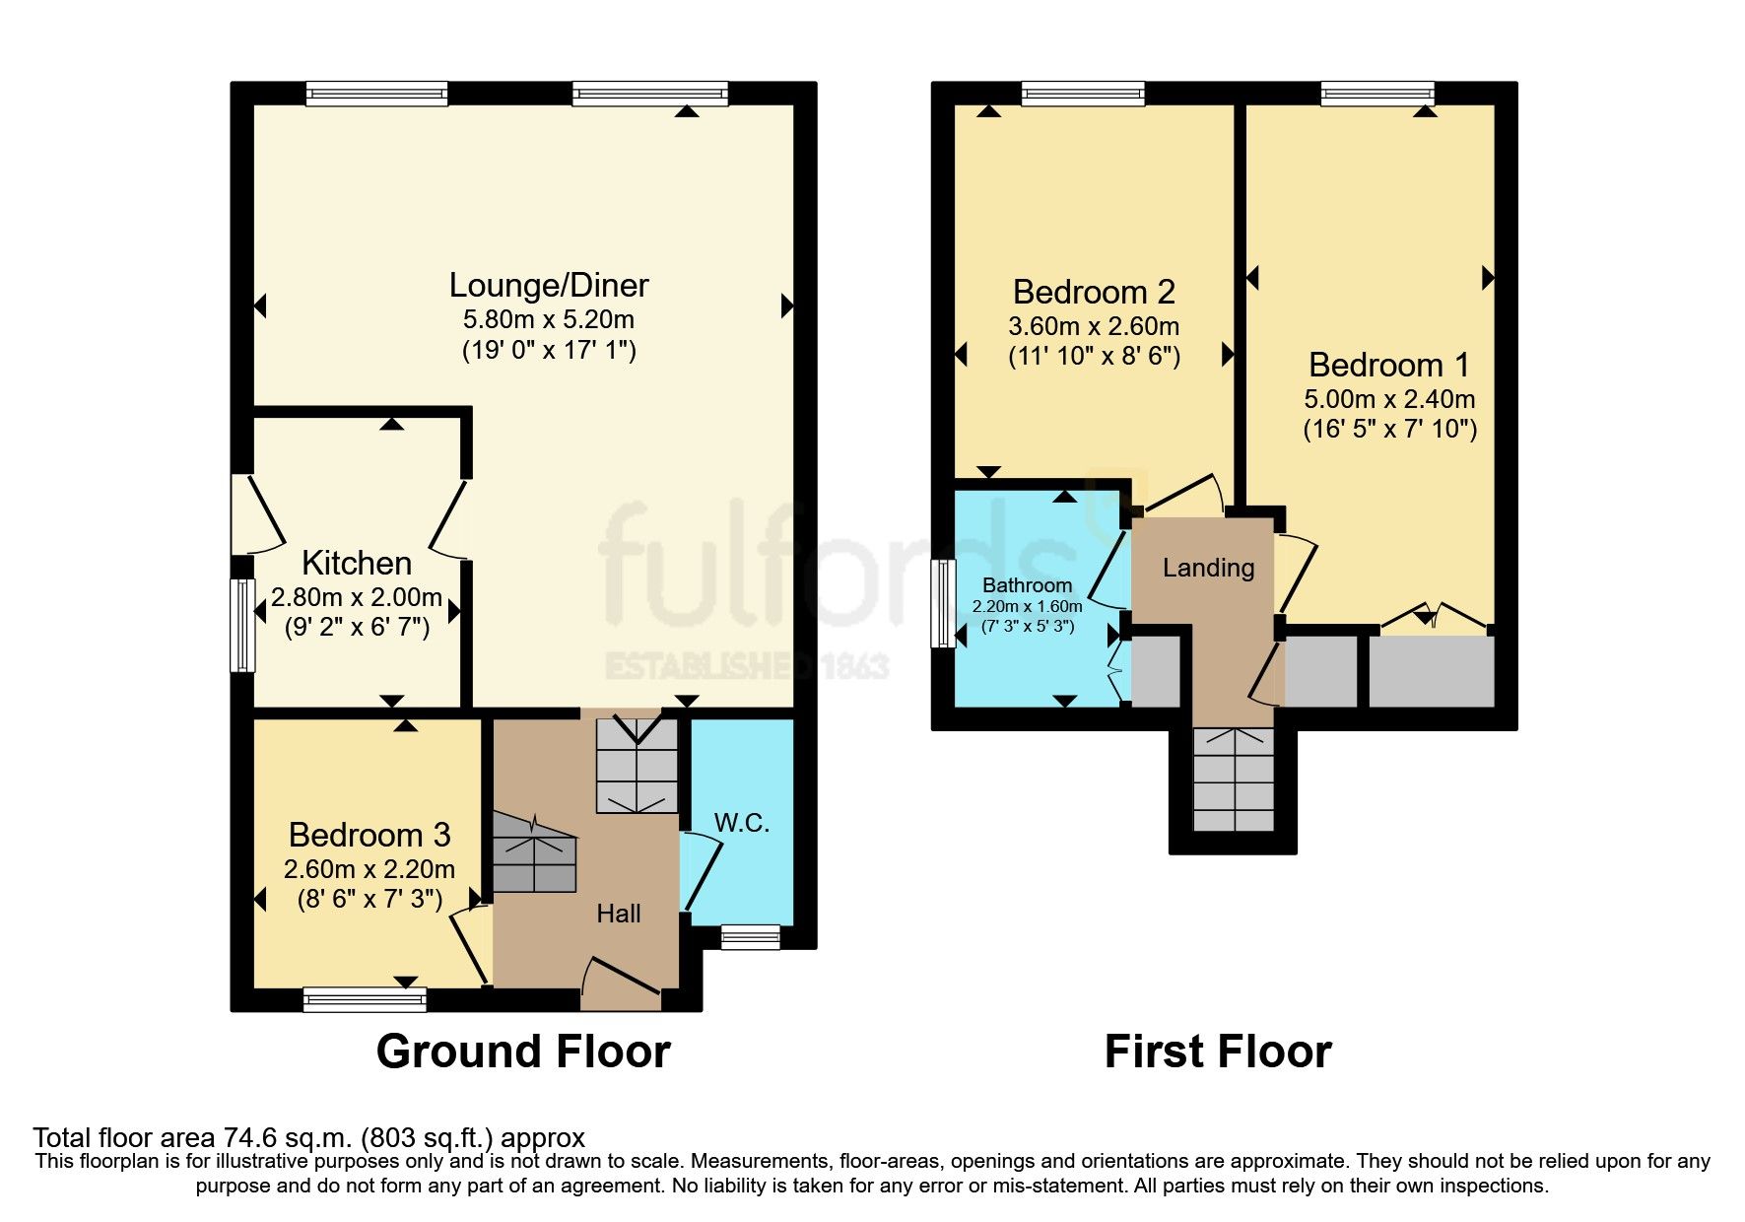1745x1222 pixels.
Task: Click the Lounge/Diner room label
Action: pos(549,286)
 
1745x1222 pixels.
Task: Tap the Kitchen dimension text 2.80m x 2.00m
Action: pos(357,597)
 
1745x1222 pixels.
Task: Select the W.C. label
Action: pos(741,823)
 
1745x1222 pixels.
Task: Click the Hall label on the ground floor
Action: pos(619,914)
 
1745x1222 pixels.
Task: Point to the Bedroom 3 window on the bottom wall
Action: pos(365,999)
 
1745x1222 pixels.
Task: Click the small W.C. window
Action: pos(750,936)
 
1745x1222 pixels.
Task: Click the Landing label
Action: pos(1208,568)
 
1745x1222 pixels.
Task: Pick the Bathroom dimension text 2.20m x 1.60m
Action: pos(1027,607)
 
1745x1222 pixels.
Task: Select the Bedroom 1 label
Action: pos(1388,365)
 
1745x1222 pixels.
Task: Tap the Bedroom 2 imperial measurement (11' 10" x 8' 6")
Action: pos(1094,356)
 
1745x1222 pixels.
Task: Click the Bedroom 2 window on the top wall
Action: pos(1083,94)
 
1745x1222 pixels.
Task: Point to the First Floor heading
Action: pos(1218,1052)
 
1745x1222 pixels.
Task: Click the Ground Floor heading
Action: pos(523,1052)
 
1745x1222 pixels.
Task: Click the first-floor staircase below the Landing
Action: pos(1233,780)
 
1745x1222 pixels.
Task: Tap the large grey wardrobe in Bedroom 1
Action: pos(1432,671)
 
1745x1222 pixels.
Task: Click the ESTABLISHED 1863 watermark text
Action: pos(746,666)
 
